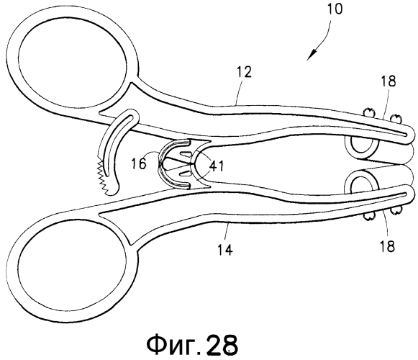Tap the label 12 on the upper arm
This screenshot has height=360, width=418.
click(x=244, y=72)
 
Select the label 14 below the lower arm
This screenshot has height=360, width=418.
click(x=225, y=250)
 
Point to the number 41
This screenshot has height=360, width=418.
click(x=217, y=166)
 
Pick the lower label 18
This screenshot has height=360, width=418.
click(x=387, y=246)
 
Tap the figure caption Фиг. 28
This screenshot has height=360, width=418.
click(x=192, y=344)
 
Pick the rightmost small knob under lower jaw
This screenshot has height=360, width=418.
click(x=395, y=211)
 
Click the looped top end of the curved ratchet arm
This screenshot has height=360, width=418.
click(x=131, y=115)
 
